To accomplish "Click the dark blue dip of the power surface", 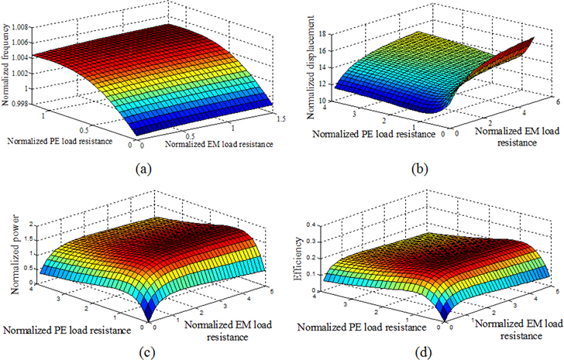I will (146, 315).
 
